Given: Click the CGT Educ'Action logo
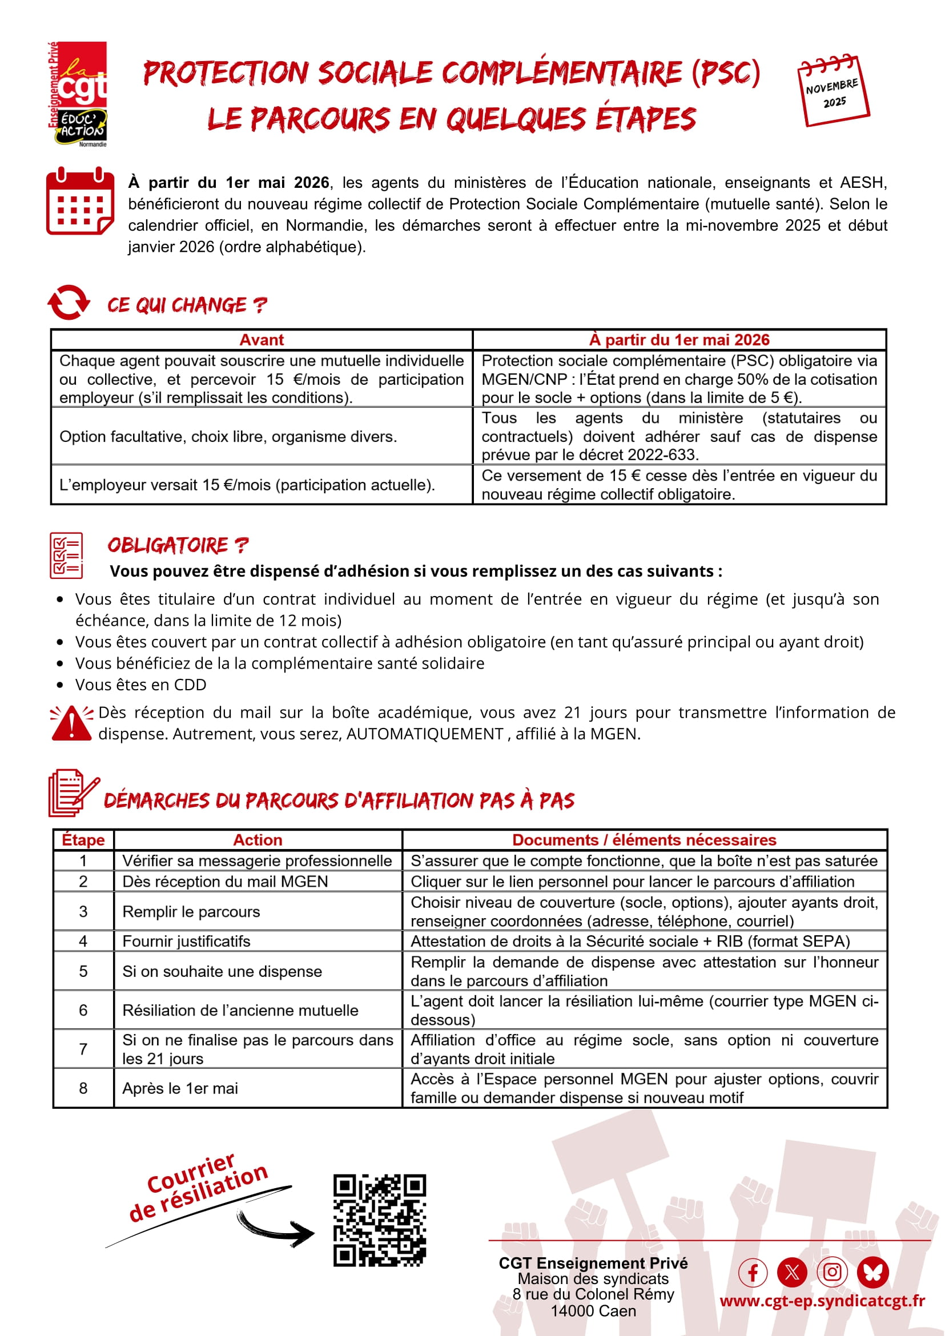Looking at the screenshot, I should [x=78, y=93].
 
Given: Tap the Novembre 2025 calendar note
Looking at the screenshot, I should [x=833, y=91].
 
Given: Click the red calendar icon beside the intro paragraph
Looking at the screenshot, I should [x=80, y=201].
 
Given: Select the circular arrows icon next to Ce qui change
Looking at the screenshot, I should [x=69, y=303].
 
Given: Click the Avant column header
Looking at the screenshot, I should [x=262, y=340].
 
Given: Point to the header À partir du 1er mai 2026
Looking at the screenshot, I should [x=679, y=340].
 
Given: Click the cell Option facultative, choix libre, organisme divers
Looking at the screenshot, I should [x=228, y=436].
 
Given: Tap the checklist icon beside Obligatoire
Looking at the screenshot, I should [x=66, y=555].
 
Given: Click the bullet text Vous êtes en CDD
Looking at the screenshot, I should [x=141, y=685].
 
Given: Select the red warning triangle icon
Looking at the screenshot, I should [x=71, y=723].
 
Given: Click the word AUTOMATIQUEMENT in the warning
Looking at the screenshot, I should [x=425, y=734].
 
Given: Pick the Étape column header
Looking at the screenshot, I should [x=83, y=840].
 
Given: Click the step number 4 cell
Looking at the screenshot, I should [x=83, y=941].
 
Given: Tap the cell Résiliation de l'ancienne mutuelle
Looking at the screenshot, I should [x=240, y=1010].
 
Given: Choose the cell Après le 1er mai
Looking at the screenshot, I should [x=180, y=1088].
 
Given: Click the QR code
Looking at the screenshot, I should [x=379, y=1220].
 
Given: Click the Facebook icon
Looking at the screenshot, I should [x=753, y=1273].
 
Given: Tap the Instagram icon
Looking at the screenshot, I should [x=832, y=1273].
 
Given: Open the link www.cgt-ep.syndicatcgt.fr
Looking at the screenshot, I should [x=822, y=1301].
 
